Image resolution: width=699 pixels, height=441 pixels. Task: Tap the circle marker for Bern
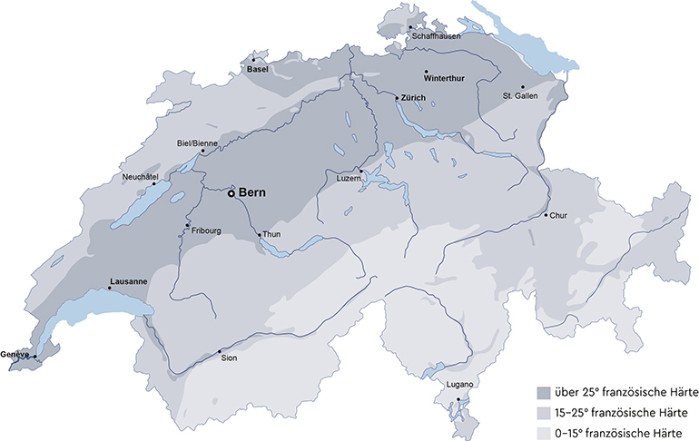tap(231, 193)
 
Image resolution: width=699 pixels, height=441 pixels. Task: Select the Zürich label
tap(414, 97)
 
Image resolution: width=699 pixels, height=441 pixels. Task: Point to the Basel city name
tap(259, 69)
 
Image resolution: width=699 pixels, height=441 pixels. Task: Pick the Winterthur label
tap(444, 78)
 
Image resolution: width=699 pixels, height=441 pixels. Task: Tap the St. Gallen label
tap(520, 95)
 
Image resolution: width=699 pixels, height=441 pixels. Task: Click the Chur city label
tap(558, 216)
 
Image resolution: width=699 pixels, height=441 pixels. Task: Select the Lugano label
tap(460, 387)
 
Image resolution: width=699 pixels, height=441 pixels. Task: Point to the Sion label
tap(230, 358)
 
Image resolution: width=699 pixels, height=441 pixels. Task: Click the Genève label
tap(16, 353)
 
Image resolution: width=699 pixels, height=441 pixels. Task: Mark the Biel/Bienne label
tap(196, 143)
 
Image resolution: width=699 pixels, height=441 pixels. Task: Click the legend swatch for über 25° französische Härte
tap(544, 393)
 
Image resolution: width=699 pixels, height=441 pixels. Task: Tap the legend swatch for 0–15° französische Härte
tap(544, 432)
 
